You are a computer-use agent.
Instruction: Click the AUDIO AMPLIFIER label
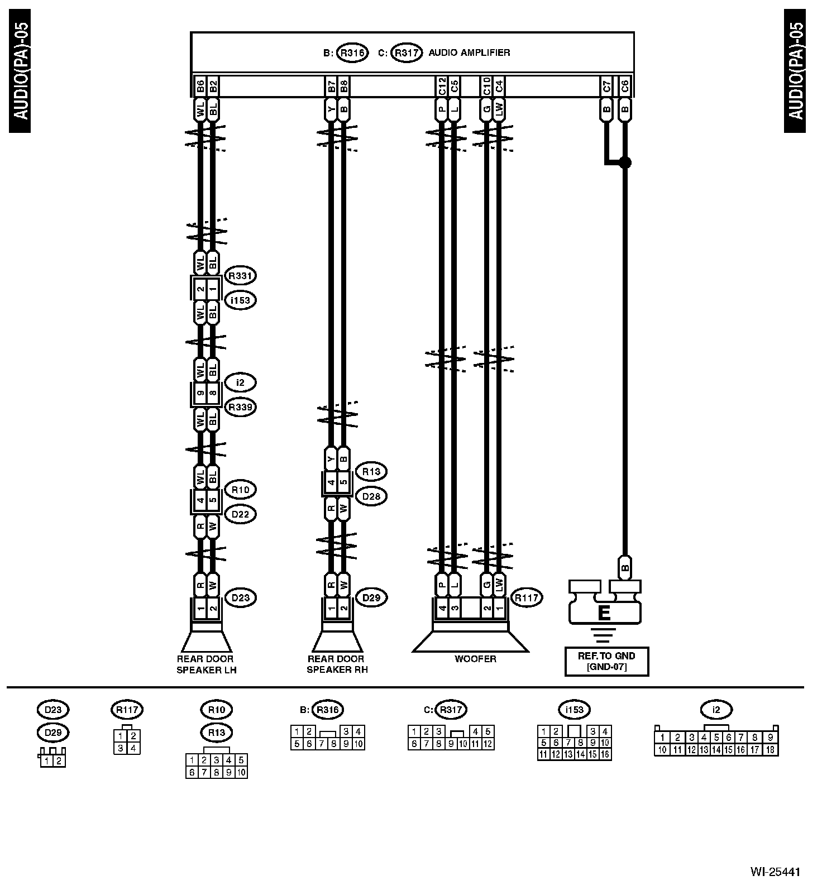coord(469,53)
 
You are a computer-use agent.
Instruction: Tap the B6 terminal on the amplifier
coord(200,87)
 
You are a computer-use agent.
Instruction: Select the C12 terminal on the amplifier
coord(442,87)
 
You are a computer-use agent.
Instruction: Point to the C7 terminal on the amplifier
coord(607,87)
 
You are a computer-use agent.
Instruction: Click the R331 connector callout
coord(241,276)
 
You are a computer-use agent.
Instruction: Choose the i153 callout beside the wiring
coord(241,300)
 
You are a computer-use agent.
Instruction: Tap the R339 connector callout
coord(241,407)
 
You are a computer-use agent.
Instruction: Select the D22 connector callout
coord(240,514)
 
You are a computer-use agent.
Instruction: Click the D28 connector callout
coord(371,496)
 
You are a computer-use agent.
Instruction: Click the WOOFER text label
coord(475,659)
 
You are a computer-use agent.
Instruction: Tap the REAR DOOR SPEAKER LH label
coord(206,664)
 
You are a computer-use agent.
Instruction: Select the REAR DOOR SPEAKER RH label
coord(337,664)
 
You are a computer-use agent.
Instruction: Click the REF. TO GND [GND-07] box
coord(606,661)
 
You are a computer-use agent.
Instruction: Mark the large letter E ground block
coord(604,613)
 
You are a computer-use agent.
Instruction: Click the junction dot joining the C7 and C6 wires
coord(625,162)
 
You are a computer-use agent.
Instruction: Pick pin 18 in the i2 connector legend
coord(770,750)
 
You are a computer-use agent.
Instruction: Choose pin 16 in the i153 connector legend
coord(605,754)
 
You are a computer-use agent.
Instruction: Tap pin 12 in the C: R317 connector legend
coord(488,744)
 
